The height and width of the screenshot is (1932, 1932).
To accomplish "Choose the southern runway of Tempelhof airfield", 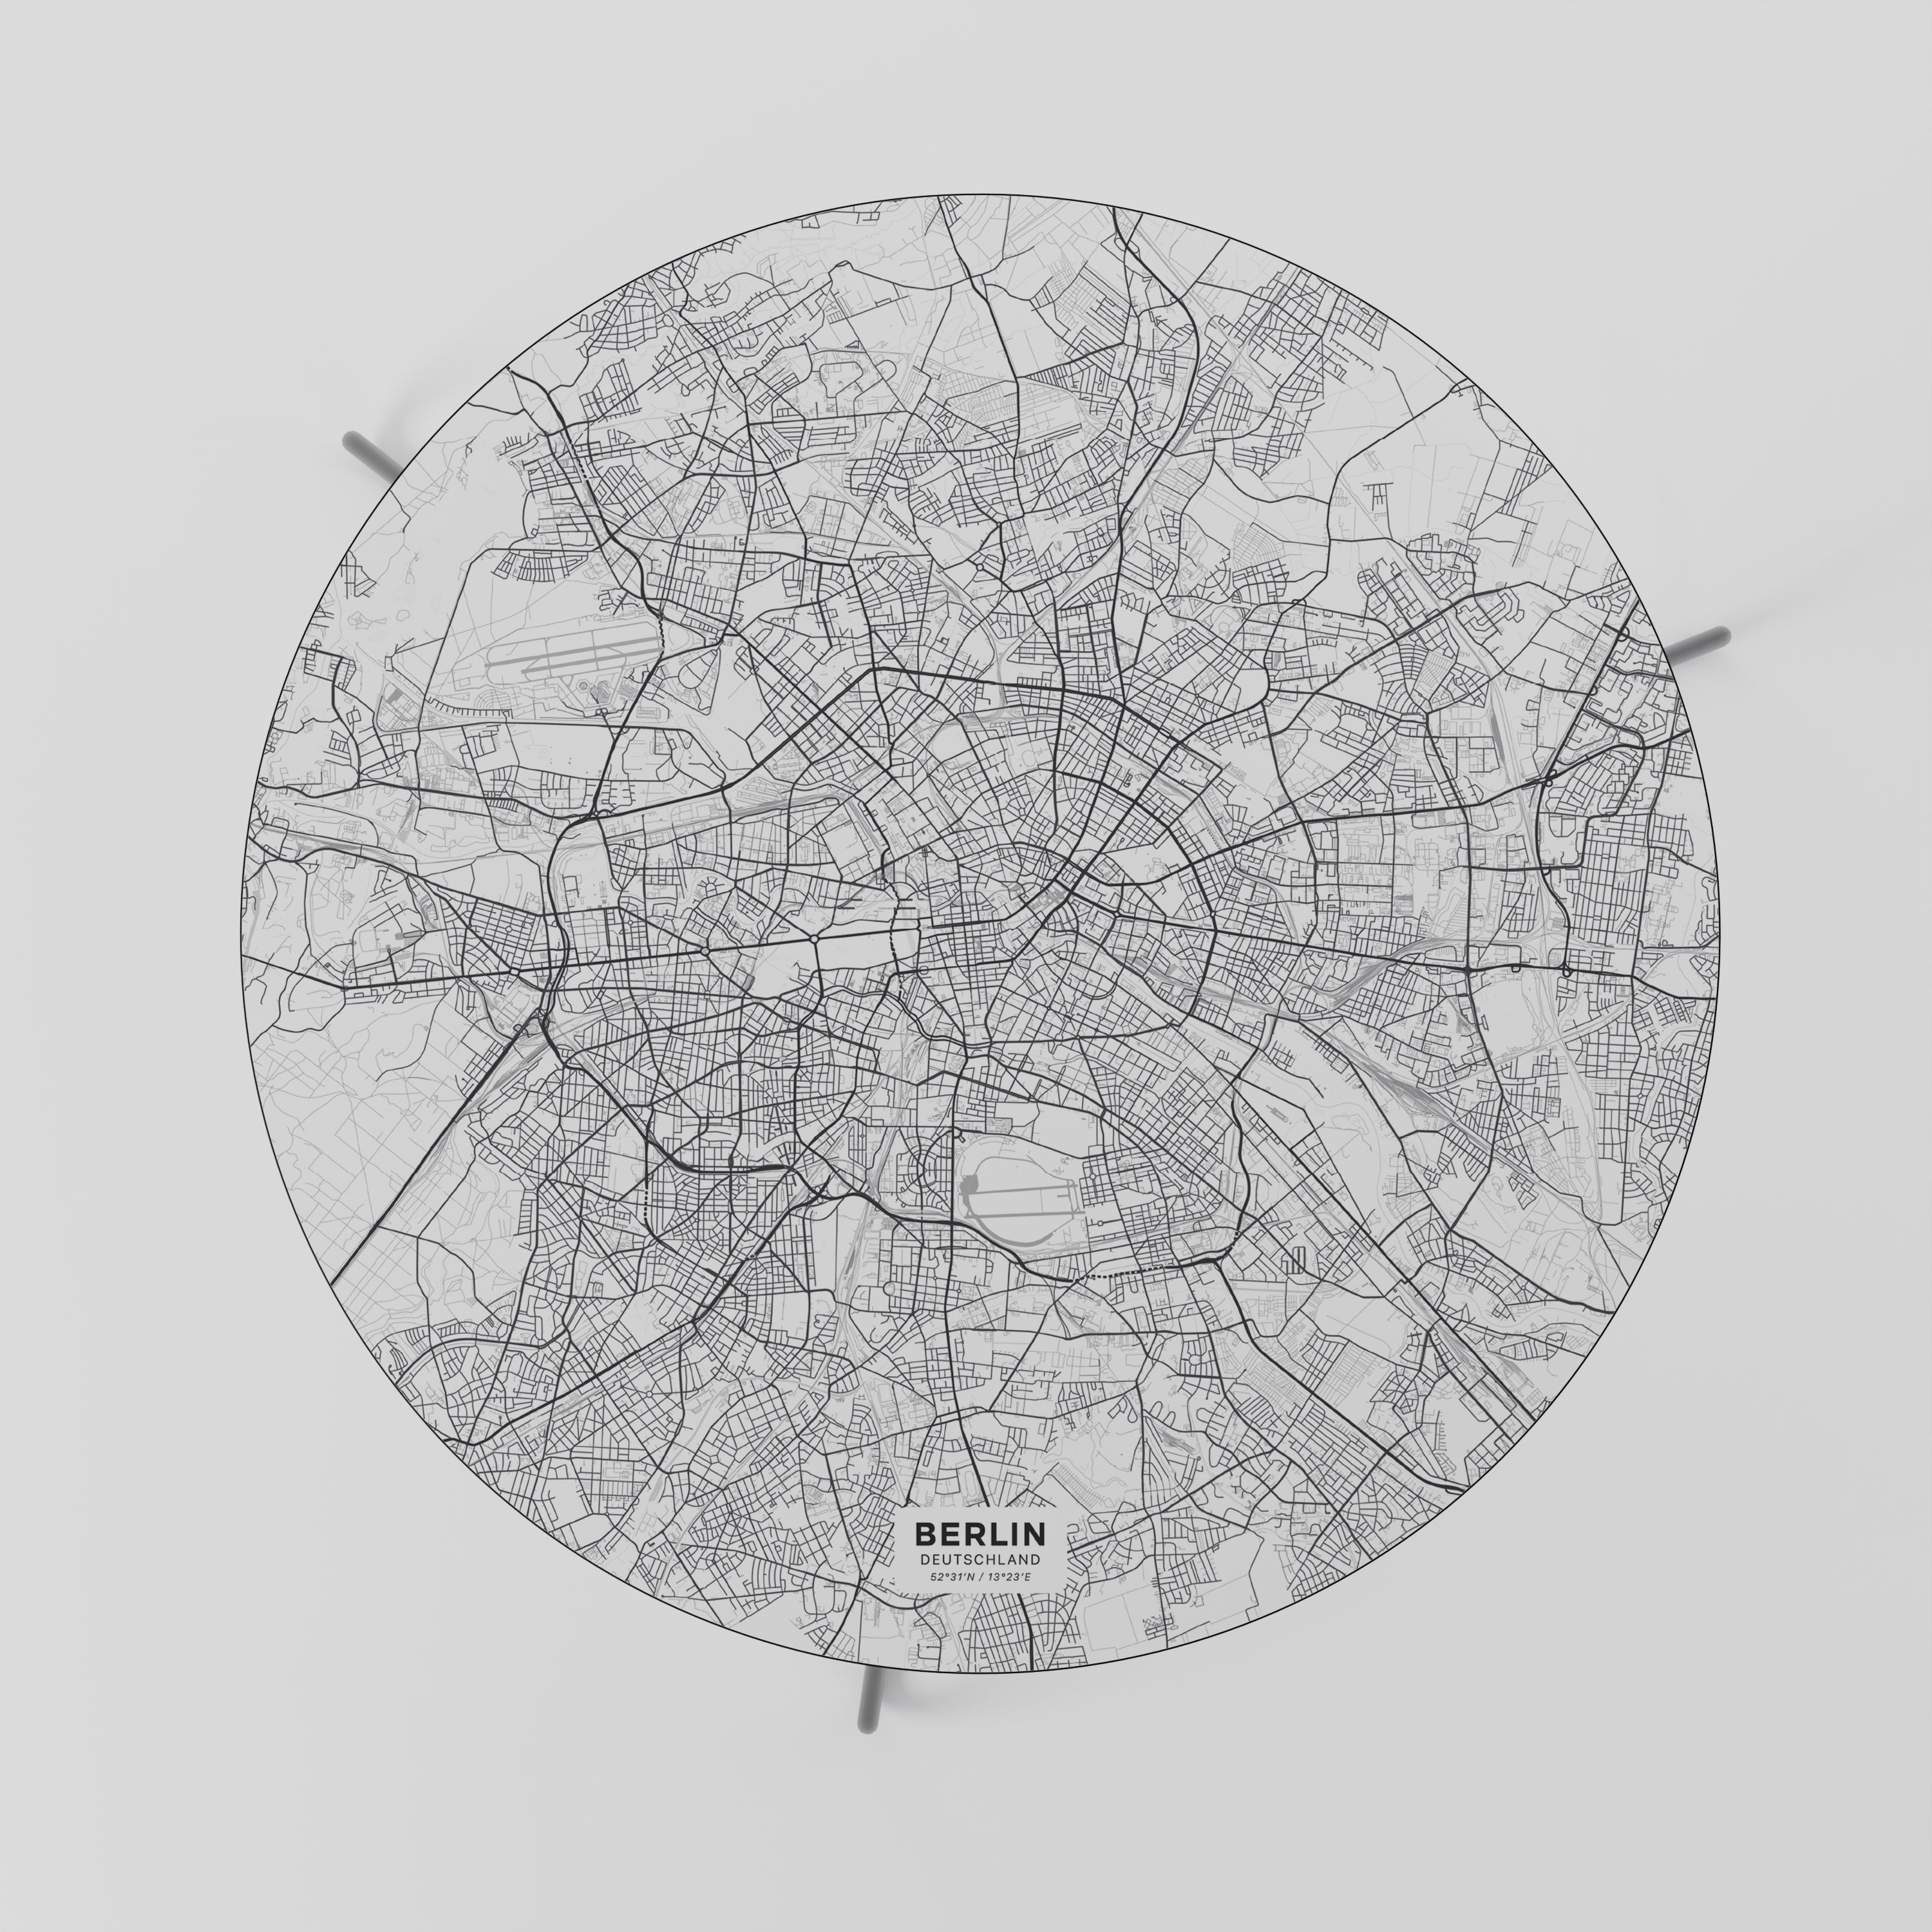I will (1030, 1212).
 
